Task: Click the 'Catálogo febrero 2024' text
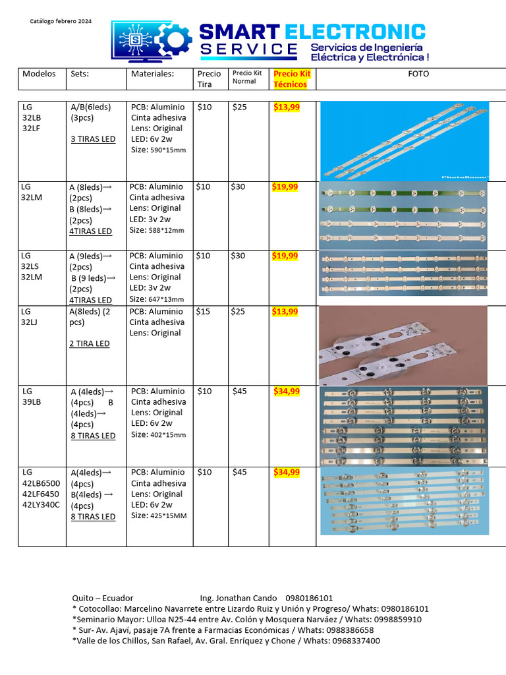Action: tap(61, 21)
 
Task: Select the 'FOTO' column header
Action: tap(418, 74)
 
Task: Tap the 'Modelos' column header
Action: tap(39, 74)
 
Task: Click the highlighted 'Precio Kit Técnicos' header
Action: tap(292, 79)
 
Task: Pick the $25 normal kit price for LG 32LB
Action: tap(240, 107)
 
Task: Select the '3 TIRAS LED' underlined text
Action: tap(93, 139)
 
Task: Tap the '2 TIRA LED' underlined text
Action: tap(90, 343)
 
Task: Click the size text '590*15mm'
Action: tap(167, 150)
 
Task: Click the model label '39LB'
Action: tap(32, 403)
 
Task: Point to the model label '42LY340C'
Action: tap(41, 505)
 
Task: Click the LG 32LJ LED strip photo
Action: tap(403, 345)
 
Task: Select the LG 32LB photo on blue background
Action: tap(404, 140)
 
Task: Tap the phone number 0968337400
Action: tap(356, 641)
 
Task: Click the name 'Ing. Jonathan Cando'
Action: tap(238, 598)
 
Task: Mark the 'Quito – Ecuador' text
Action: tap(103, 598)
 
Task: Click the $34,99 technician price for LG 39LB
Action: tap(287, 391)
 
